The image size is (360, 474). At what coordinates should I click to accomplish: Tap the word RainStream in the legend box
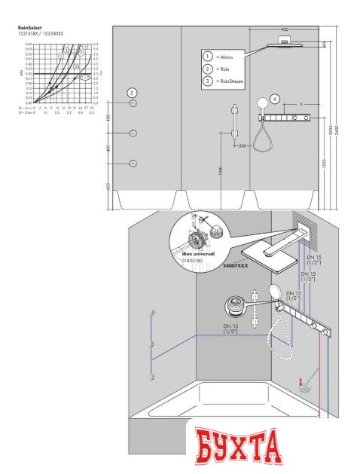[x=232, y=80]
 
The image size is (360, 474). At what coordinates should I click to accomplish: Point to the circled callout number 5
[x=132, y=92]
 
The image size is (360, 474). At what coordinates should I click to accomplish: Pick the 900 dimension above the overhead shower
[x=284, y=30]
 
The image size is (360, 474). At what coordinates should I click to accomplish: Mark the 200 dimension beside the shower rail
[x=243, y=145]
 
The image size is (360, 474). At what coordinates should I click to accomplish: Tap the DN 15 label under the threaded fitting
[x=231, y=329]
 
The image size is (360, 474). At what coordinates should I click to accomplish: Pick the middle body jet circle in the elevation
[x=133, y=133]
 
